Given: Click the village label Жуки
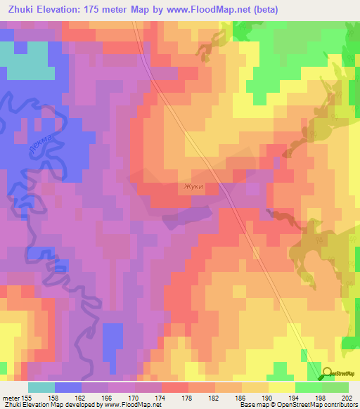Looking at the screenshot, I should [x=193, y=187].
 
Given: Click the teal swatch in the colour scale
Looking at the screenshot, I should [x=41, y=387].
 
